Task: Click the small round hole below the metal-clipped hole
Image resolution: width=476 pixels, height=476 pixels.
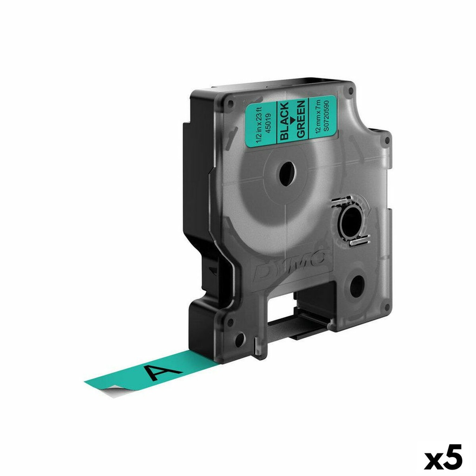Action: click(x=357, y=285)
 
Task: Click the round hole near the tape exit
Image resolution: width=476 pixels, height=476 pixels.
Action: click(x=240, y=341)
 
